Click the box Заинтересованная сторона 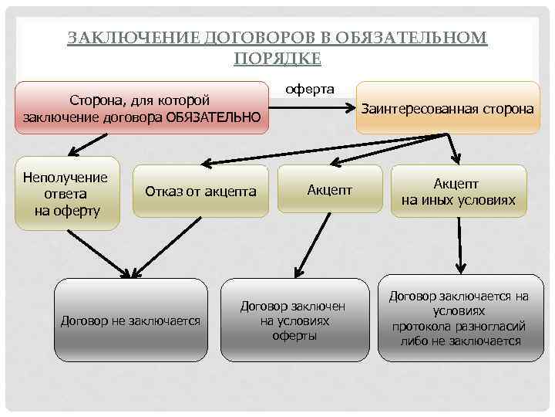[447, 108]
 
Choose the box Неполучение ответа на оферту [66, 193]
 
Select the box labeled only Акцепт [330, 190]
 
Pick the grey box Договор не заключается [130, 320]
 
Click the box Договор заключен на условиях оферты [294, 320]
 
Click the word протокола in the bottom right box [423, 327]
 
